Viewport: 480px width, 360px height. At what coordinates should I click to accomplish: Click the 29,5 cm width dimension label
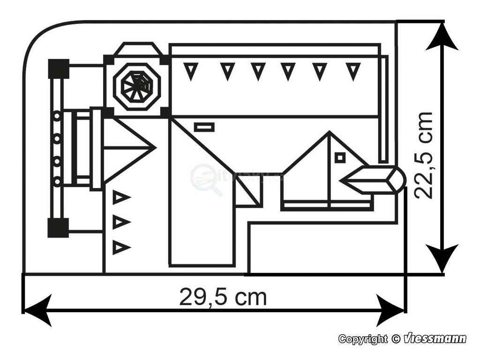point(223,297)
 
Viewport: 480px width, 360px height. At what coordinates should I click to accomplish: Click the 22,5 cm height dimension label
point(425,155)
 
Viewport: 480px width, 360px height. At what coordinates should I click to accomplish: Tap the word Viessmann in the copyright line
point(435,338)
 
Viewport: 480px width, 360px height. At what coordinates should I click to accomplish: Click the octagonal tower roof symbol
point(137,86)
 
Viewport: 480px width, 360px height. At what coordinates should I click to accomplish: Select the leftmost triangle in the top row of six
point(190,71)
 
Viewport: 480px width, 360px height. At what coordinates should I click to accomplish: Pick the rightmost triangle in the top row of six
point(353,71)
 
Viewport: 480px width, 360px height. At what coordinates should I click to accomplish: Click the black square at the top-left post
point(59,69)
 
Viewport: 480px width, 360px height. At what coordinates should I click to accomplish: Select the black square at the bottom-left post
point(59,228)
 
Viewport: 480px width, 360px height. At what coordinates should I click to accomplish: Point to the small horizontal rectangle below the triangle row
point(204,127)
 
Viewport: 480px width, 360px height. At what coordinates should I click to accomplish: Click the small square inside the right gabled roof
point(340,157)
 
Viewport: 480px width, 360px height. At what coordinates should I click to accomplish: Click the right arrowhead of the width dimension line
point(390,310)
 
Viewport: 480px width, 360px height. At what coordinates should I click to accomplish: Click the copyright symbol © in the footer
point(396,338)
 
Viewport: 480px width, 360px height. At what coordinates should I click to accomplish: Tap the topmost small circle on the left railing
point(57,115)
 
